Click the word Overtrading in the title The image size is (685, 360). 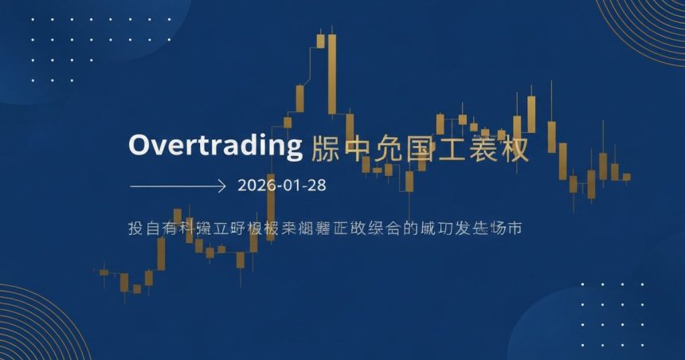(216, 147)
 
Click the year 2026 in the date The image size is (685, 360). (255, 186)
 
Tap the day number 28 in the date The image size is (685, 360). (317, 186)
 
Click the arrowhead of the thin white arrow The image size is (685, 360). (223, 186)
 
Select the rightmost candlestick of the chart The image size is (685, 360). (626, 177)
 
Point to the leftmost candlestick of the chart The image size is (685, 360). (104, 272)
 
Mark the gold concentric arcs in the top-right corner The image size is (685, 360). (649, 24)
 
